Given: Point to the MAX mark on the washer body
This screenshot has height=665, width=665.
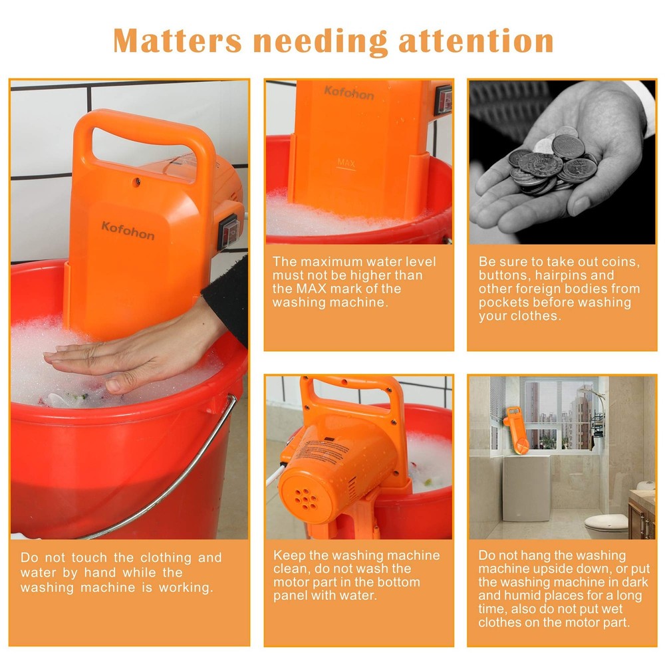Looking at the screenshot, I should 346,163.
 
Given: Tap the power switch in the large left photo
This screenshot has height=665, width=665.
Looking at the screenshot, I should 230,230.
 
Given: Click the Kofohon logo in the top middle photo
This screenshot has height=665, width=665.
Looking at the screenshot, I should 348,92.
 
